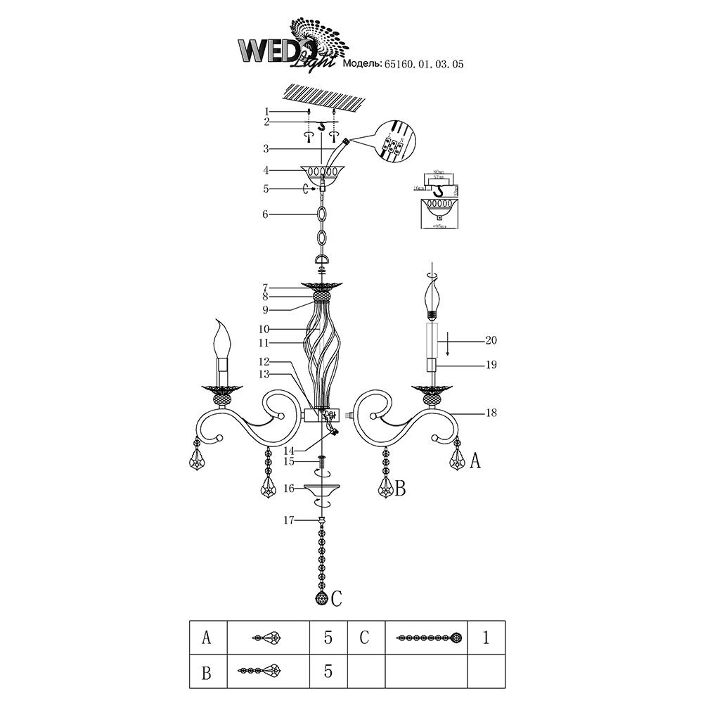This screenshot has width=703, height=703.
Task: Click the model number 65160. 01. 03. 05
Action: point(424,64)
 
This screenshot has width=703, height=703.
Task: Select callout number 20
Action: point(490,340)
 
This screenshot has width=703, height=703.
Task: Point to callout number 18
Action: point(490,413)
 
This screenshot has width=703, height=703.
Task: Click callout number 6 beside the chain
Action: point(266,214)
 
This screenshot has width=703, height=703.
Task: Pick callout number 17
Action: point(288,520)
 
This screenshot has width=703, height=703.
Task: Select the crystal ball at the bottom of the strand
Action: point(322,598)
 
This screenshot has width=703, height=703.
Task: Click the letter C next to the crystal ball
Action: point(337,599)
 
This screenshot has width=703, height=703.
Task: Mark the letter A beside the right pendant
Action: point(475,461)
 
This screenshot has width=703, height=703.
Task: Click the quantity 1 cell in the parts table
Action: point(486,638)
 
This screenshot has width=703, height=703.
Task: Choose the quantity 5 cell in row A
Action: point(328,638)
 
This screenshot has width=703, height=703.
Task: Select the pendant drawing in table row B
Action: point(259,671)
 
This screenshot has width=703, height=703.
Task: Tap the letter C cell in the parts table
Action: point(364,638)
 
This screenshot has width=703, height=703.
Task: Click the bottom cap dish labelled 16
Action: point(322,489)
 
